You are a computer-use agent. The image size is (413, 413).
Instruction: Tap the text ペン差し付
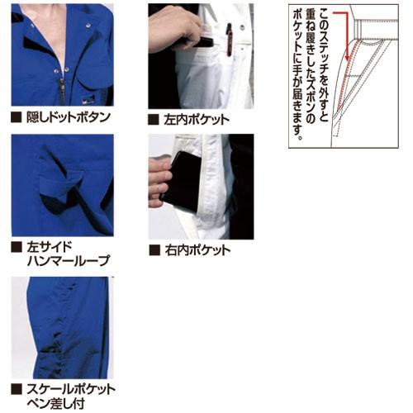coord(55,403)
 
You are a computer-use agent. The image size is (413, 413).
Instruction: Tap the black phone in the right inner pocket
coord(183,182)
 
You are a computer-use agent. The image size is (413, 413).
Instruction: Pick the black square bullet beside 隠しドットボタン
coord(17,116)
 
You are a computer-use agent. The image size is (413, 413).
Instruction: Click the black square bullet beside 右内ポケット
coord(154,249)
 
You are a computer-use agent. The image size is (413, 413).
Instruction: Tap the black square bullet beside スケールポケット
coord(17,388)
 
